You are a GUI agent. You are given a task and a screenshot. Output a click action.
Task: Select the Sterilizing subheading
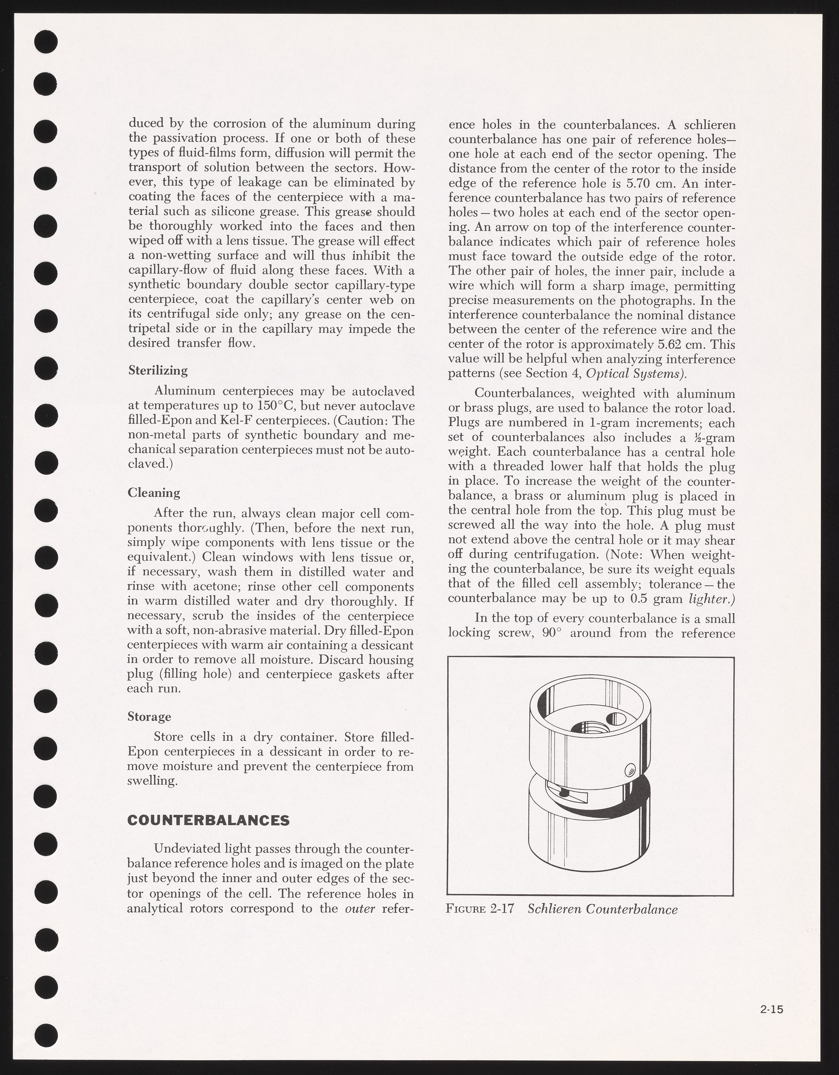point(158,370)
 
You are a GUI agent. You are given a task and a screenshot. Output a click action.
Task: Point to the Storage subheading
point(149,716)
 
